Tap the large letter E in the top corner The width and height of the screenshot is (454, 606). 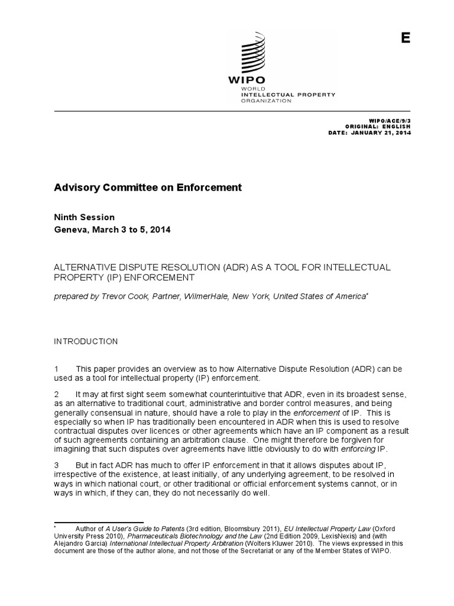coord(405,38)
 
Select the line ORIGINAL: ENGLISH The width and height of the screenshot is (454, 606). coord(377,127)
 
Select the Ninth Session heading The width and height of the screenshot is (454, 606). coord(85,217)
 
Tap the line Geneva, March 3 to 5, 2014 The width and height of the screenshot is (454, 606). coord(112,230)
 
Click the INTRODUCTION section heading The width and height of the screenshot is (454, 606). coord(86,341)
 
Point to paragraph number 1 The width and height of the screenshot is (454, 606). coord(57,369)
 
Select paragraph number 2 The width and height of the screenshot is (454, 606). coord(57,394)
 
